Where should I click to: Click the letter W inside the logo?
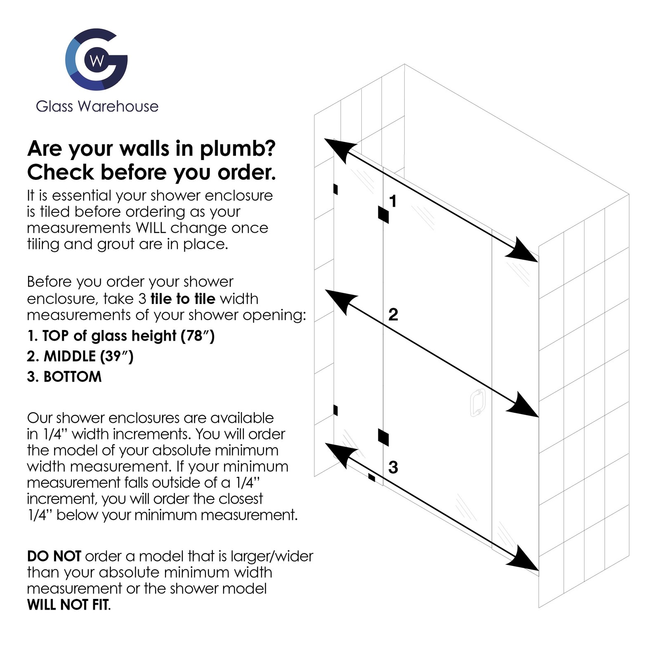coord(97,61)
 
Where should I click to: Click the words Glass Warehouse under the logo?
coord(97,106)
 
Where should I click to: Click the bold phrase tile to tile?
coord(183,299)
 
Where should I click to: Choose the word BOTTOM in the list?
coord(73,377)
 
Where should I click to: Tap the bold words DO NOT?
coord(54,556)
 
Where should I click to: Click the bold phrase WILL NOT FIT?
coord(68,605)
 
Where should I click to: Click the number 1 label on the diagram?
coord(393,201)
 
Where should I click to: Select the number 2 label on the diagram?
coord(393,314)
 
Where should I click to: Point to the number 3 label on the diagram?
coord(393,467)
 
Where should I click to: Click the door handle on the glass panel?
coord(477,403)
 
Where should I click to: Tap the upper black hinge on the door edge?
coord(383,214)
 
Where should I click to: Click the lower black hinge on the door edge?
coord(383,437)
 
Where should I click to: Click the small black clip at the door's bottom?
coord(372,477)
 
